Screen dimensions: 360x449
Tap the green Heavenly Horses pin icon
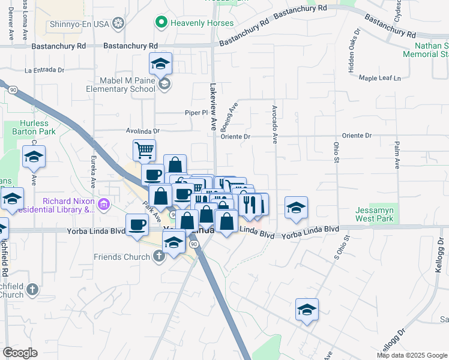161,23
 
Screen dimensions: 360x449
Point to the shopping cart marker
144,150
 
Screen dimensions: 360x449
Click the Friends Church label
122,257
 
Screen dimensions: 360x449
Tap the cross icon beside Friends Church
159,257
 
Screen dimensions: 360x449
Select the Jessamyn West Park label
374,214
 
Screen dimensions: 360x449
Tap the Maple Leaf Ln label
379,78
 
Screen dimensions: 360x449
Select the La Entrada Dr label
44,70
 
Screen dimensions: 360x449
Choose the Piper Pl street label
196,113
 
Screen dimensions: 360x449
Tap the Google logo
20,353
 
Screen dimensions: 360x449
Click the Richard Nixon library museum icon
104,205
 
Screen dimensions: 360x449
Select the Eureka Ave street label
94,173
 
